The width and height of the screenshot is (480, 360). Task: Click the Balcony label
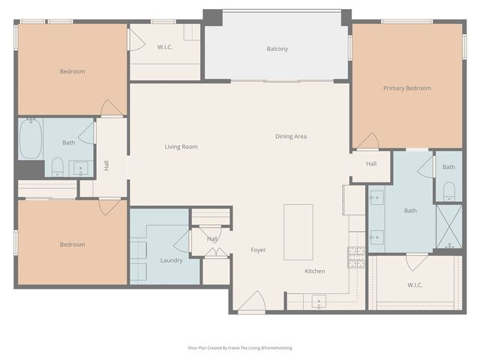277,49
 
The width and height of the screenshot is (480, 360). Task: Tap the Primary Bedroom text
406,88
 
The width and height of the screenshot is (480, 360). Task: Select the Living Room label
181,147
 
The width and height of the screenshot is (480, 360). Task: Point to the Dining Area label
290,136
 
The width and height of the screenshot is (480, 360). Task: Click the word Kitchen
314,271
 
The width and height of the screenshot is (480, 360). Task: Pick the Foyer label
258,250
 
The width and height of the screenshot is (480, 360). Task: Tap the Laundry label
171,261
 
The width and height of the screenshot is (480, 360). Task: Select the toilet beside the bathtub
57,166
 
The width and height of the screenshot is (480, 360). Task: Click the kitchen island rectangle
298,231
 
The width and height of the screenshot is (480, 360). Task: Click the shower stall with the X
449,226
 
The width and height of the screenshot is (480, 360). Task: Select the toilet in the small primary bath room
449,189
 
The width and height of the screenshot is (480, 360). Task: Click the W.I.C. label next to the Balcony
166,47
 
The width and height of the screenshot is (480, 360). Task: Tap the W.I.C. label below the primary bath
415,285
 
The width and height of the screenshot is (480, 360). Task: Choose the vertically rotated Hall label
106,165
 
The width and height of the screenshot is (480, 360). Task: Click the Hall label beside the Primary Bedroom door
371,164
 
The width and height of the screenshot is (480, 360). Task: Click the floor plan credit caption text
239,348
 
